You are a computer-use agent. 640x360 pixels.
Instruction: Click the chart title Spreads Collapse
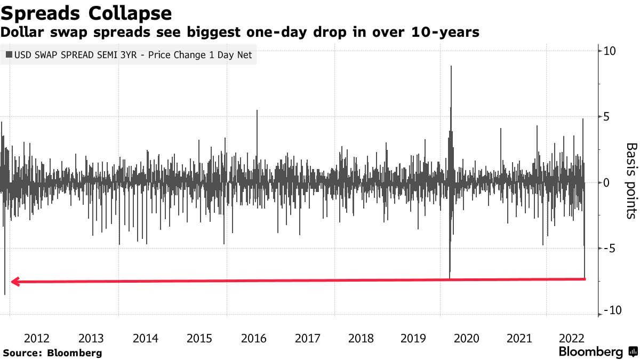tap(86, 13)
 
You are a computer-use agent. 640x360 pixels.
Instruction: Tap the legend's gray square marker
tap(9, 55)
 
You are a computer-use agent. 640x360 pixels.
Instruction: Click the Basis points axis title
tap(631, 180)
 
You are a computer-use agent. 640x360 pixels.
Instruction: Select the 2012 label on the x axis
tap(37, 338)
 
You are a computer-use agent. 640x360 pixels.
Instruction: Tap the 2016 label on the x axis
tap(253, 338)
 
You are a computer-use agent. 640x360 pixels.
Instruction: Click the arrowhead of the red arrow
tap(15, 282)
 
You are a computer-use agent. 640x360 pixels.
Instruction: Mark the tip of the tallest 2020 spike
tap(451, 66)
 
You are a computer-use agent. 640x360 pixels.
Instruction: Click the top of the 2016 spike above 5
tap(257, 110)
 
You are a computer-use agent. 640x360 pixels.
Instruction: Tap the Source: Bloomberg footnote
tap(52, 353)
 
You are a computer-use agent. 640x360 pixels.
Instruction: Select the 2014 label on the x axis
tap(145, 338)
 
